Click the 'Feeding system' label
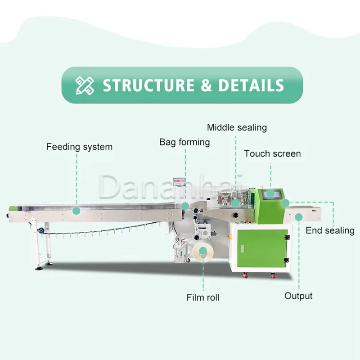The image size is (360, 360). coord(79,147)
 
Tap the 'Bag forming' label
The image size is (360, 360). coord(184,142)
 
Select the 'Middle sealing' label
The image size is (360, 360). coord(237,127)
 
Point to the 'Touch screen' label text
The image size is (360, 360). coord(272,153)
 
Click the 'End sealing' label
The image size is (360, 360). coord(330,230)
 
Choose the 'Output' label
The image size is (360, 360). coord(298,296)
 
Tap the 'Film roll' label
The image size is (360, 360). coord(203,297)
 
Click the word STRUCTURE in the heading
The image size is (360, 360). coord(148,85)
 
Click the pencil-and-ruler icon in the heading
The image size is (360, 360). coord(85,85)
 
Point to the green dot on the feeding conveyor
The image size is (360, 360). coord(76,210)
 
